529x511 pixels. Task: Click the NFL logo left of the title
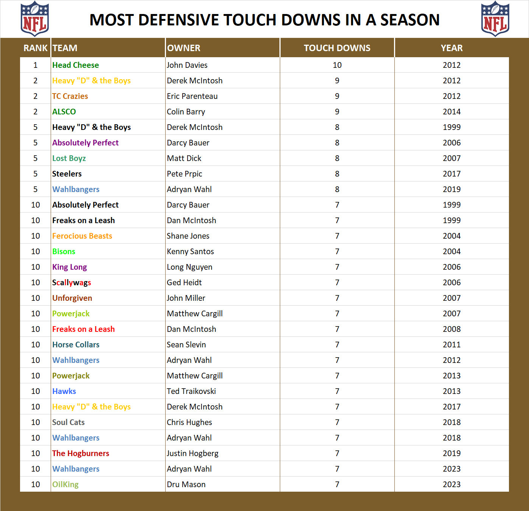[34, 19]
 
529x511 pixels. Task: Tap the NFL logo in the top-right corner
[495, 19]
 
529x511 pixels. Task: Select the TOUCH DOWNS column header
[337, 48]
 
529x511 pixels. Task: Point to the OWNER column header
[184, 48]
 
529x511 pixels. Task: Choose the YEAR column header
[451, 48]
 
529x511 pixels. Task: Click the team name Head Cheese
[76, 65]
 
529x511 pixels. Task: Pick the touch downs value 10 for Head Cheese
[337, 65]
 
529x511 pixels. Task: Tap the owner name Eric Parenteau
[192, 96]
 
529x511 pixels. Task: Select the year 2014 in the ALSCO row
[451, 112]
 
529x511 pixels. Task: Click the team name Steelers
[67, 174]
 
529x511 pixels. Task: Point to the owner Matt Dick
[184, 158]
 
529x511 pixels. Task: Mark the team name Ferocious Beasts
[82, 236]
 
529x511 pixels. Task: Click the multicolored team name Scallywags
[71, 283]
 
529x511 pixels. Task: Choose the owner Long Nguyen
[189, 267]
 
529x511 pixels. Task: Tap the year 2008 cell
[451, 329]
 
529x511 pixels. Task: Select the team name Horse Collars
[76, 345]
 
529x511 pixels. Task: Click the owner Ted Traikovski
[191, 391]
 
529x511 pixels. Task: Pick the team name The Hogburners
[81, 453]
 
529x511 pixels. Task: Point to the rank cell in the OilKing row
[36, 484]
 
